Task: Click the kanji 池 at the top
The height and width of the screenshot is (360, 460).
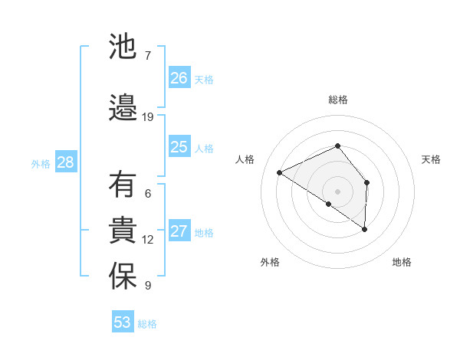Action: [x=123, y=47]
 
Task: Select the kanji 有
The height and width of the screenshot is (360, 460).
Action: [x=123, y=185]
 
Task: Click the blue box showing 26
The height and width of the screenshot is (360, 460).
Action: [x=179, y=77]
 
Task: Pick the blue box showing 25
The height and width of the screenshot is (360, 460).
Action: [x=179, y=147]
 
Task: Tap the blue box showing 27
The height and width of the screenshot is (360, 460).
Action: [x=179, y=231]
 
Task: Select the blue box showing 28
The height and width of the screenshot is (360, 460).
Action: [x=65, y=162]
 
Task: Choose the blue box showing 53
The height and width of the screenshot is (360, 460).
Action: [x=123, y=322]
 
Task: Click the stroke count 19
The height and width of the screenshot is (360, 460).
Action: [x=148, y=116]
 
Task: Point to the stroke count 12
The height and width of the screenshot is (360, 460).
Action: [x=148, y=240]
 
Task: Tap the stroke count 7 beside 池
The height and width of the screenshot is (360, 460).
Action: [x=147, y=55]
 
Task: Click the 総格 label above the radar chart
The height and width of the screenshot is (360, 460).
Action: [x=338, y=100]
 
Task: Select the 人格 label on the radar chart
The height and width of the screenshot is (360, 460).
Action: [x=245, y=159]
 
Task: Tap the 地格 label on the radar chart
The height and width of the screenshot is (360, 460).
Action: [x=402, y=262]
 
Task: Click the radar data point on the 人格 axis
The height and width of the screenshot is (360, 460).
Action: [x=280, y=172]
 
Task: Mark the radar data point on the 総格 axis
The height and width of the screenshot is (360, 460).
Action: [x=337, y=146]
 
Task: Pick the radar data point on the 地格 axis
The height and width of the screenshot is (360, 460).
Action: [x=365, y=229]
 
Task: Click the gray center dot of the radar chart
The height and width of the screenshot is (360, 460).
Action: [x=337, y=191]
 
